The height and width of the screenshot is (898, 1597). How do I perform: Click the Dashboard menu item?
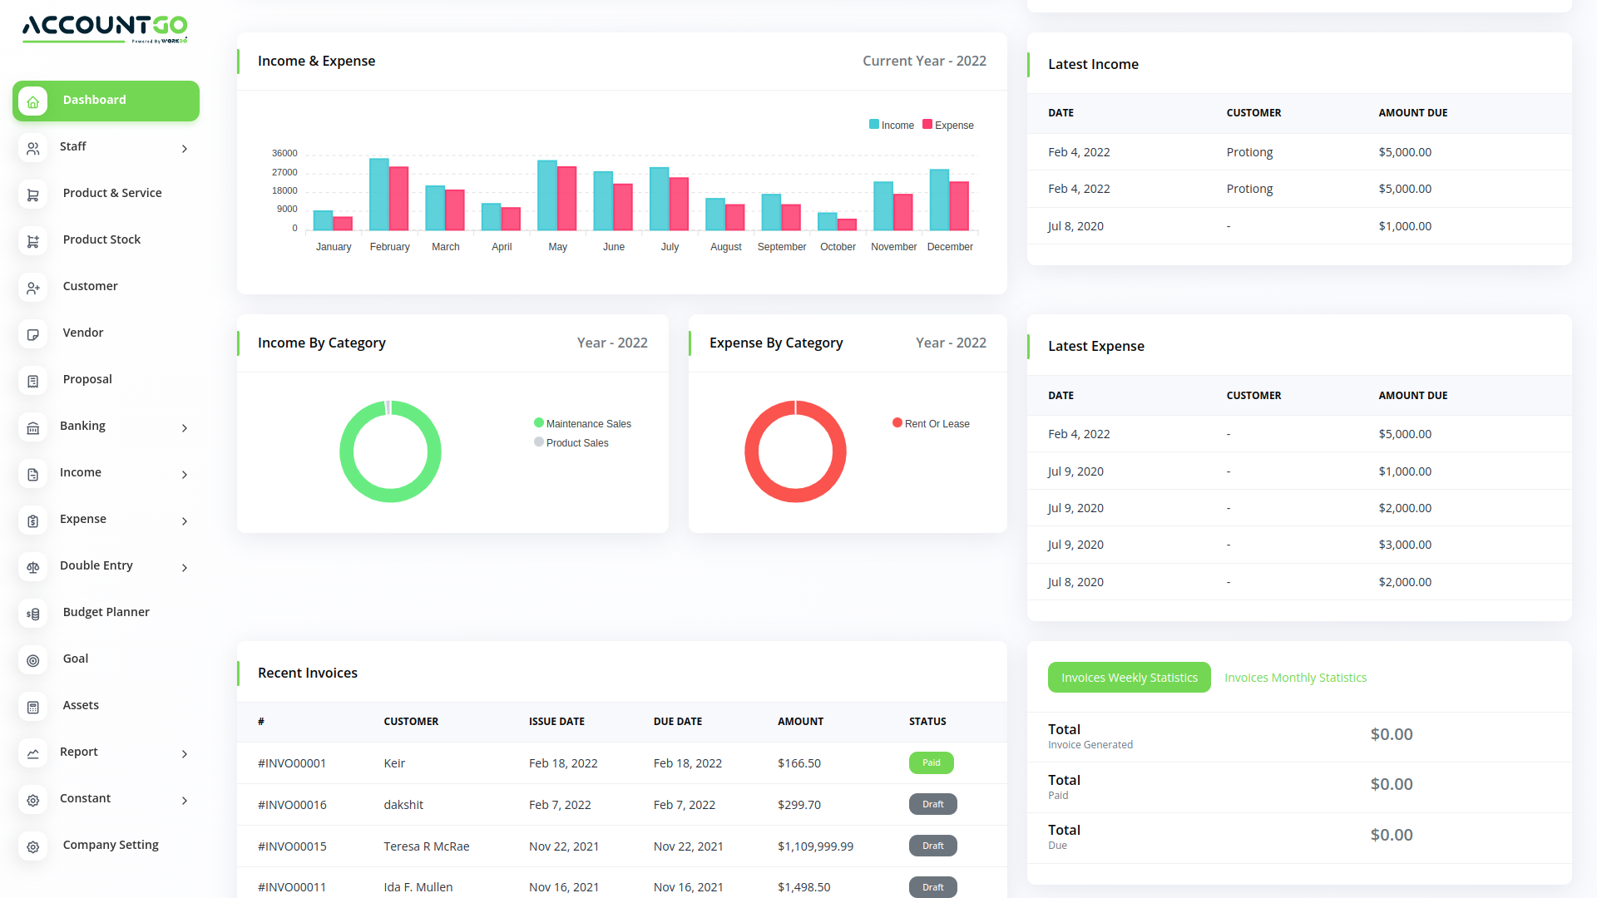click(106, 101)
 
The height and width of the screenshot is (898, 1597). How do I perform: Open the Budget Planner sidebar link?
click(106, 612)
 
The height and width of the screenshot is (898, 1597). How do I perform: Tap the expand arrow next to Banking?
click(185, 428)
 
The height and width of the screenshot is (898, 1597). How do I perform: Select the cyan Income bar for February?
click(378, 195)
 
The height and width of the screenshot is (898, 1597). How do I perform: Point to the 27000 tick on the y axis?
click(284, 172)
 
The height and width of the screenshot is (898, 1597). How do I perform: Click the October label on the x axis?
click(838, 247)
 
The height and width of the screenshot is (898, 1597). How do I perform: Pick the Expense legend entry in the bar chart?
click(948, 126)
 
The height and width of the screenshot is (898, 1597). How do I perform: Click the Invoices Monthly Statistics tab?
click(1295, 678)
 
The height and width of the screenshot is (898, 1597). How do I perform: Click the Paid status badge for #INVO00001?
click(931, 762)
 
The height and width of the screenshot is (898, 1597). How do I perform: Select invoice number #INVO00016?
click(292, 805)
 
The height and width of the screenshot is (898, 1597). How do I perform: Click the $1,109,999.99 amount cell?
click(815, 846)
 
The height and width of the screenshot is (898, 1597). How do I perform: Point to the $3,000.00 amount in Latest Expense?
click(1405, 545)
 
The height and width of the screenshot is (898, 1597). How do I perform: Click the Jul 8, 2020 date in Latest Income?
click(1075, 226)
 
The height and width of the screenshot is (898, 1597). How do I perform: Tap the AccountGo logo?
click(105, 27)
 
